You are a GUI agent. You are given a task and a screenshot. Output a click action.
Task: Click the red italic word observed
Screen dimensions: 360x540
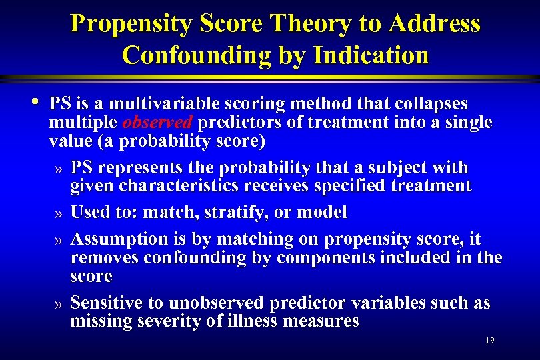click(158, 123)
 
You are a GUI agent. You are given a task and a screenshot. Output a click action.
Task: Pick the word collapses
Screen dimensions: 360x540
click(432, 104)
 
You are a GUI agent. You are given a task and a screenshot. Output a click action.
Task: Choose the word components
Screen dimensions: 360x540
click(314, 257)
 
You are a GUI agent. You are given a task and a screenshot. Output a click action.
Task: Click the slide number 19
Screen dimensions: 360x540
click(490, 341)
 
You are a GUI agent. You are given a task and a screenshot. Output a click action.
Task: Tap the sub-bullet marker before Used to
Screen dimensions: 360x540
click(59, 214)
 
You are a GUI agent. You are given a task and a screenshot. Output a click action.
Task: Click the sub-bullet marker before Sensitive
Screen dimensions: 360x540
click(59, 305)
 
